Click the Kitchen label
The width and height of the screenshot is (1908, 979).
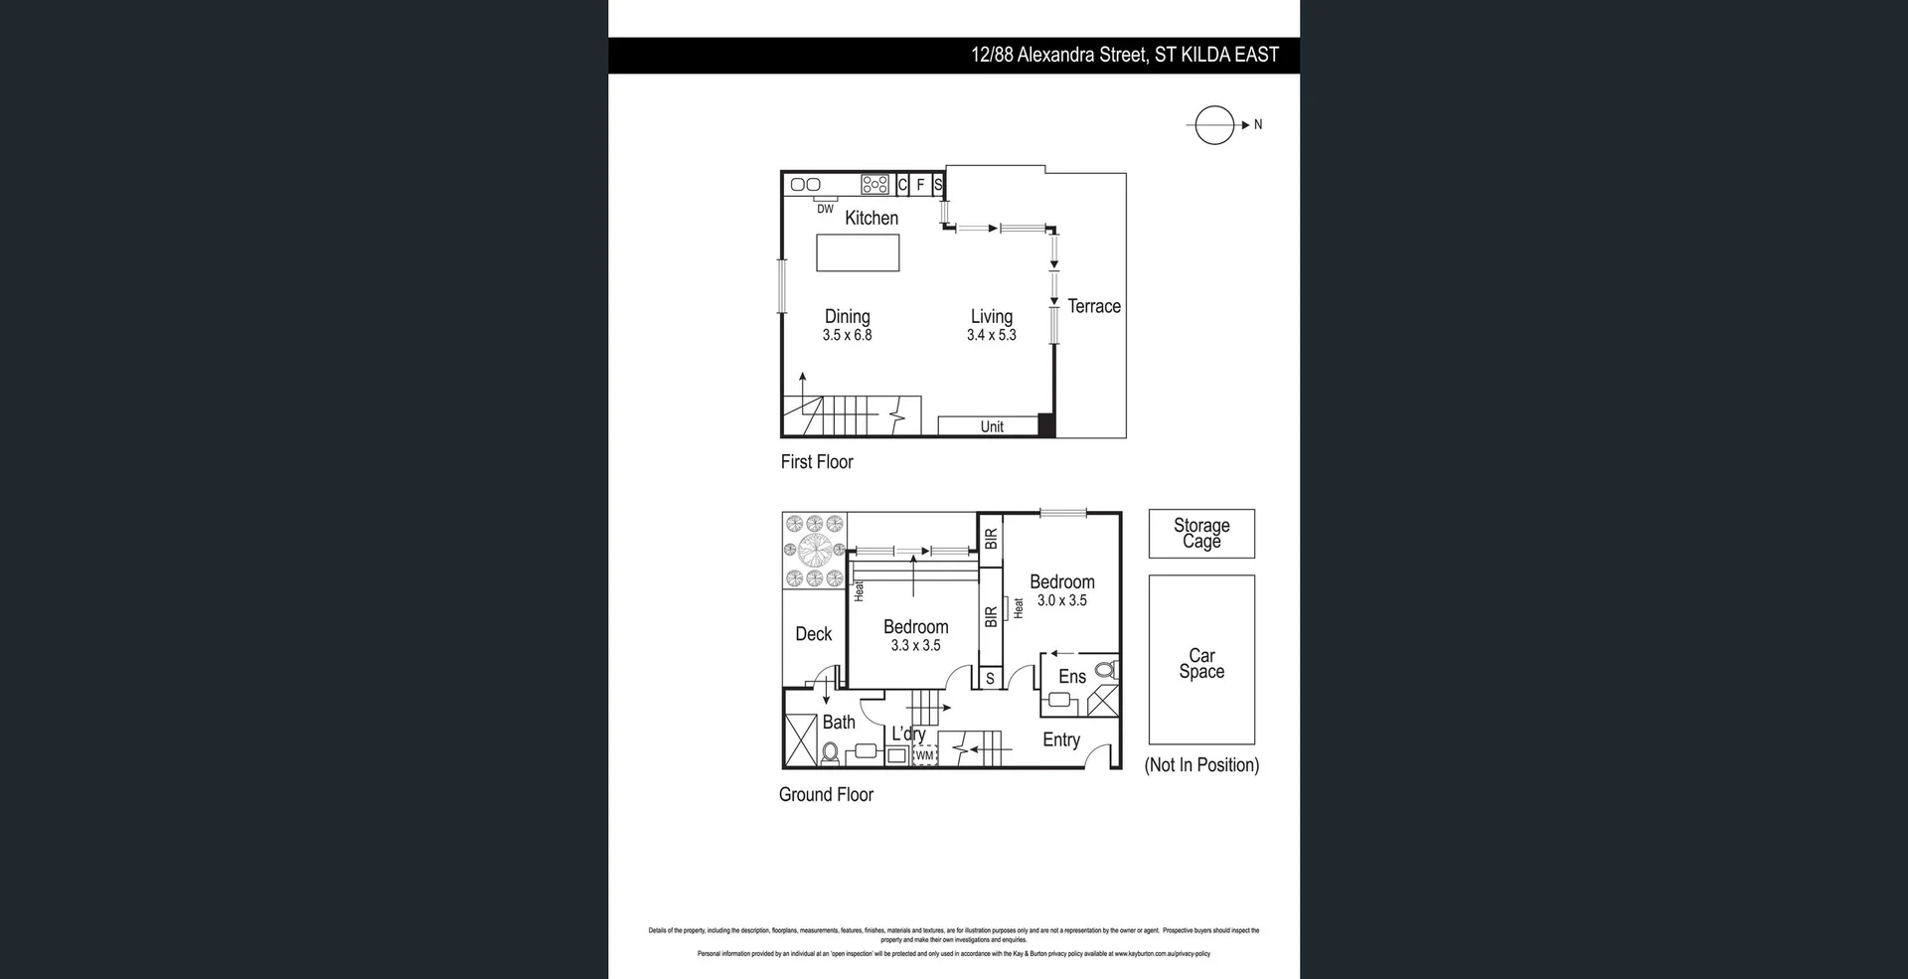(872, 218)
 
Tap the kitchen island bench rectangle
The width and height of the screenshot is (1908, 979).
(858, 252)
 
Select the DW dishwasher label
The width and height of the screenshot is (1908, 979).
(825, 209)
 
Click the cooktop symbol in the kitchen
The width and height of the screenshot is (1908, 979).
(874, 184)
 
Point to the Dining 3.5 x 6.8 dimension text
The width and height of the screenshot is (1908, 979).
(847, 335)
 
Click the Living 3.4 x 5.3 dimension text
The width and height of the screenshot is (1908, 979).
(991, 335)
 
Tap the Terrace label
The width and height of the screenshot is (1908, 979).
(1094, 306)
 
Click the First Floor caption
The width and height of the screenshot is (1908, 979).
(817, 461)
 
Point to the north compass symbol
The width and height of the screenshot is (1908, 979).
(1213, 125)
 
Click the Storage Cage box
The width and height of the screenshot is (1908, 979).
(1201, 533)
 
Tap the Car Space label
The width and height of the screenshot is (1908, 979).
(1201, 663)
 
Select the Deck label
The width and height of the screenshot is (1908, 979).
(814, 634)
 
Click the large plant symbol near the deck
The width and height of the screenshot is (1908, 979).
(814, 550)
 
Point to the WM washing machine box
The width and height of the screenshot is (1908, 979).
(925, 755)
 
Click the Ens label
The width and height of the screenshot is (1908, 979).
(1071, 677)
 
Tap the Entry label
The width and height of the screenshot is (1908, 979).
(1060, 739)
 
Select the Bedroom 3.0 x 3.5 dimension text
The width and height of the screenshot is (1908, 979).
(1061, 600)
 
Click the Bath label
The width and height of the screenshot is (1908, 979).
(839, 723)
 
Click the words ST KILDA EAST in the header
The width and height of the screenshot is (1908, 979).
(1216, 55)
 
